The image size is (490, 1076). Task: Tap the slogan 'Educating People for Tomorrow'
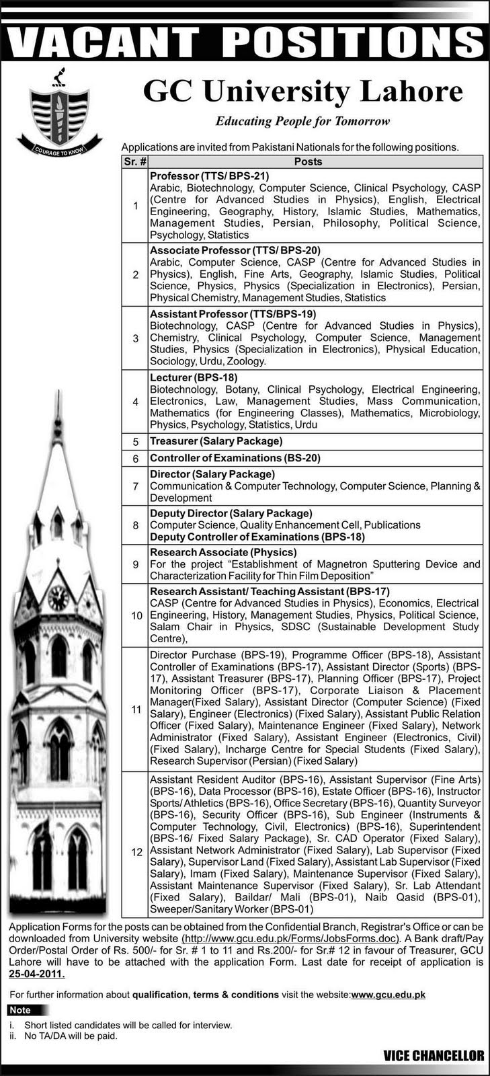coord(302,122)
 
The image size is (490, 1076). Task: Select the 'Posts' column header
coord(308,161)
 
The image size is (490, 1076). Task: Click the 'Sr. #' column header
coord(135,161)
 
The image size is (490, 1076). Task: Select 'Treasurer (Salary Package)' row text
coord(216,441)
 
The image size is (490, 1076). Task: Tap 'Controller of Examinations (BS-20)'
coord(235,458)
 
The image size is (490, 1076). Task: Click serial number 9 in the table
coord(135,564)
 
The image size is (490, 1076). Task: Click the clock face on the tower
coord(58,597)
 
